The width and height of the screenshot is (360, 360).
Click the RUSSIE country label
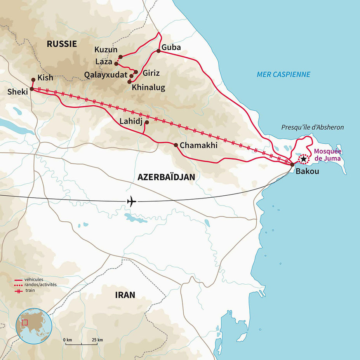coord(62,44)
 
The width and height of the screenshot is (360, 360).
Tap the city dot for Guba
coord(158,51)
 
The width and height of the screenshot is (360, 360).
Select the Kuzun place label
coord(106,50)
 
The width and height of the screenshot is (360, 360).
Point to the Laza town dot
coord(116,63)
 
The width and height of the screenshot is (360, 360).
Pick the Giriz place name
coord(151,73)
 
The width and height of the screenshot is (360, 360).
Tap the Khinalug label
coord(148,87)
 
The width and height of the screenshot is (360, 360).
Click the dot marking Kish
coord(33,80)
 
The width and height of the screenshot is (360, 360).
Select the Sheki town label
coord(16,92)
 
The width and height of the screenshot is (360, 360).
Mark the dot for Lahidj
coord(147,122)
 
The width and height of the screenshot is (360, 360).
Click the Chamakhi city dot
coord(176,145)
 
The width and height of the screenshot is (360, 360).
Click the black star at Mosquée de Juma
coord(303,159)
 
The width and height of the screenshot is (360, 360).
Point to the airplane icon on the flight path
coord(132,202)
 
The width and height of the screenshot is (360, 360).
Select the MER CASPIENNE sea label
coord(283,74)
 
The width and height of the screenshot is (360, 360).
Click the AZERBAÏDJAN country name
coord(166,177)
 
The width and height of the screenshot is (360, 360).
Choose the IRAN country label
coord(125,295)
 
